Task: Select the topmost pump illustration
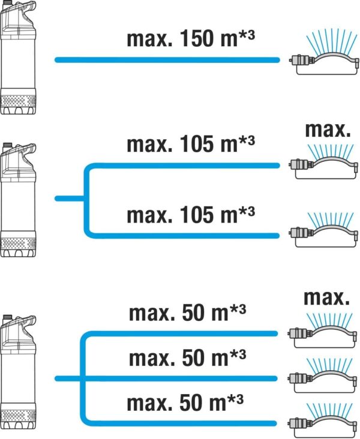pyautogui.click(x=18, y=58)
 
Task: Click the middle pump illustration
pyautogui.click(x=18, y=200)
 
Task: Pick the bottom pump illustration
pyautogui.click(x=18, y=372)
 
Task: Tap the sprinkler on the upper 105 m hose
pyautogui.click(x=323, y=163)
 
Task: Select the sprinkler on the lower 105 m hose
pyautogui.click(x=323, y=230)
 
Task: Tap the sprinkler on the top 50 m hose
pyautogui.click(x=322, y=330)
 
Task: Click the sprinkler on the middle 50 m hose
pyautogui.click(x=322, y=376)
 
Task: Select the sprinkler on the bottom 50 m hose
pyautogui.click(x=323, y=420)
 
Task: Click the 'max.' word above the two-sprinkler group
pyautogui.click(x=328, y=131)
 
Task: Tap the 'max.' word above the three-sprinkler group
pyautogui.click(x=327, y=297)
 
